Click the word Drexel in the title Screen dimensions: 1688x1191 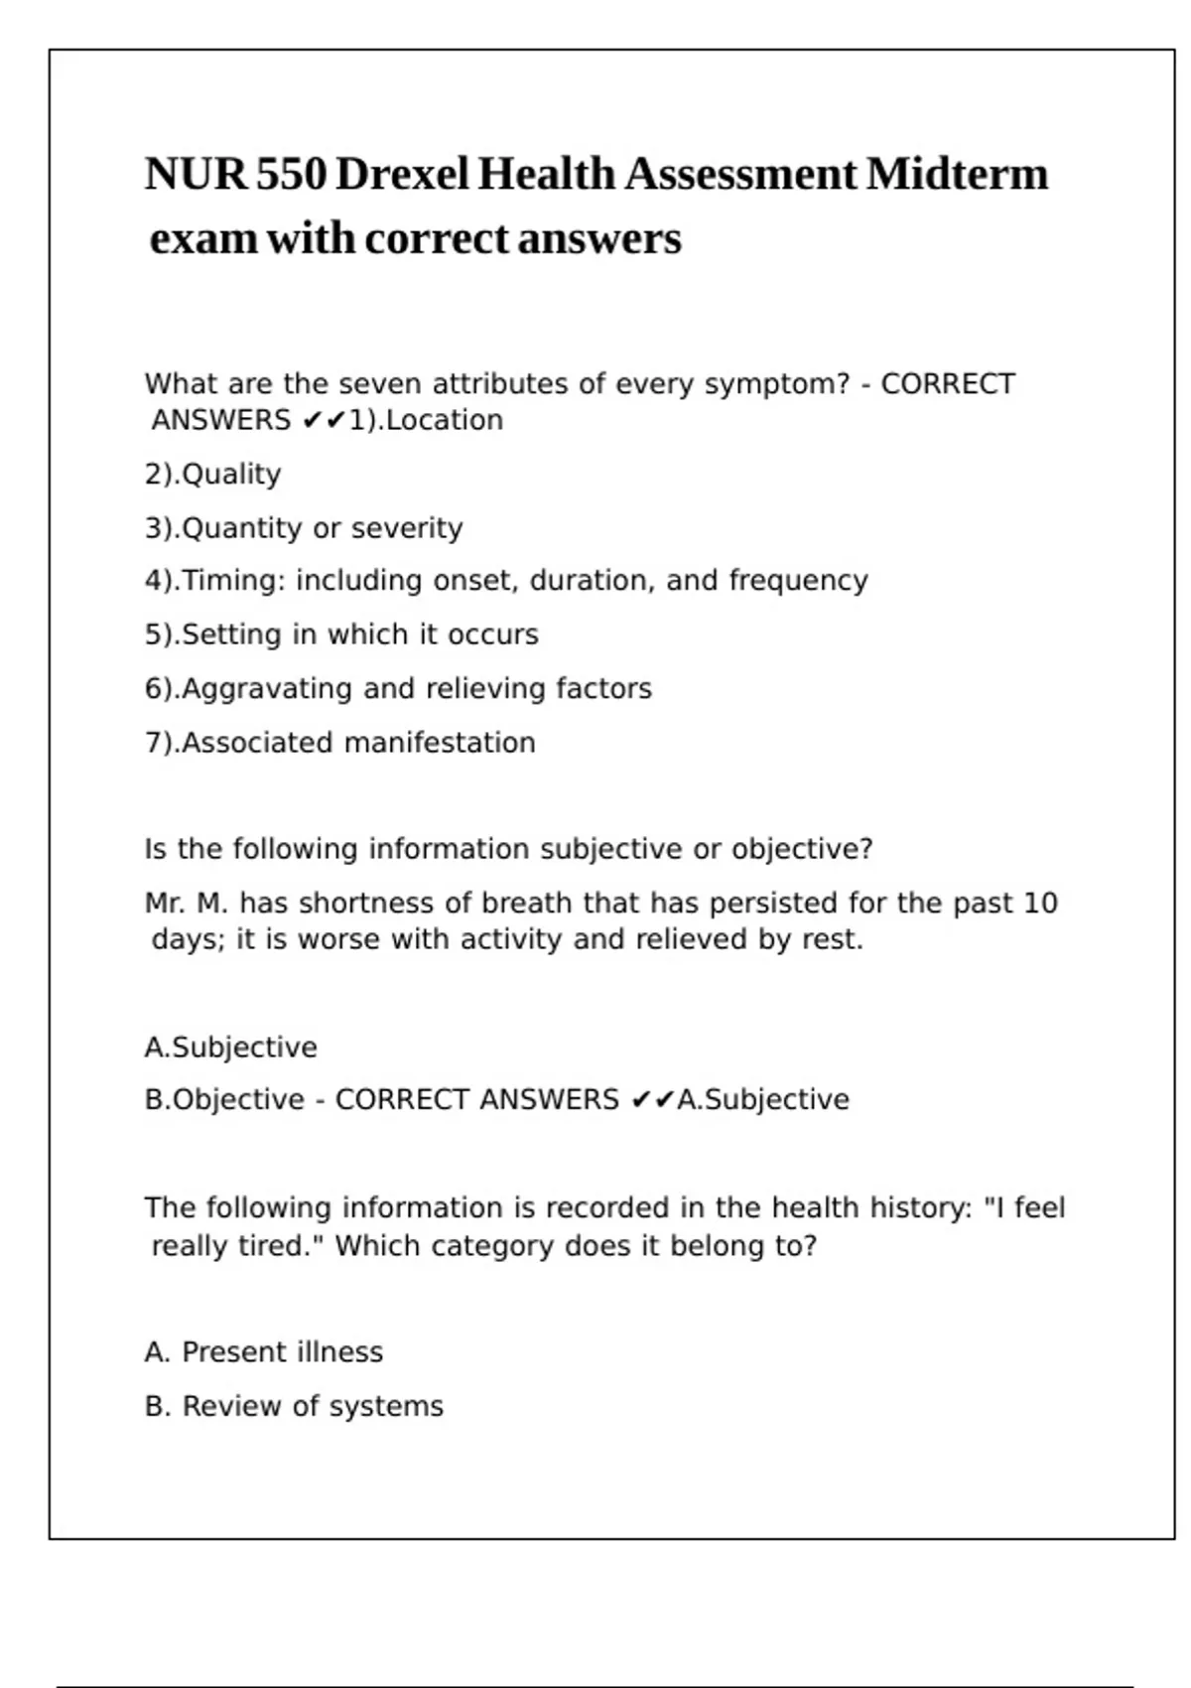coord(402,175)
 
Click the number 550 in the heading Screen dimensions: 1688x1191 coord(291,175)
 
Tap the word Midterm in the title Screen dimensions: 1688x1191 coord(956,175)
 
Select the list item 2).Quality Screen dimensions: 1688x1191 coord(212,475)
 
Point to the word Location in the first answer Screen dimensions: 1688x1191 coord(445,420)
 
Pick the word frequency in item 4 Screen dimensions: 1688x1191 coord(798,581)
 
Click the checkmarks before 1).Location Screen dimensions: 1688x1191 coord(324,421)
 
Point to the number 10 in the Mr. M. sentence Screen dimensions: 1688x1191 coord(1040,904)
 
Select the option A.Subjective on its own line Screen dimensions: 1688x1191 coord(230,1048)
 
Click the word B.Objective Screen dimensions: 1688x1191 coord(224,1100)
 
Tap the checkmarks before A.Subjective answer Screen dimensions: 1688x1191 coord(653,1100)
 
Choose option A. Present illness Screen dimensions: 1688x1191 coord(263,1352)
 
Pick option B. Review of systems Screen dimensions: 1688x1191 coord(294,1407)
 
